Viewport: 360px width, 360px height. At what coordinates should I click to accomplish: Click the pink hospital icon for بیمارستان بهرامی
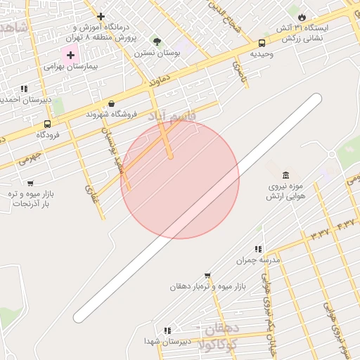click(x=70, y=54)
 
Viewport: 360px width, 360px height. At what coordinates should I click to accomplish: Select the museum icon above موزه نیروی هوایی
click(x=285, y=175)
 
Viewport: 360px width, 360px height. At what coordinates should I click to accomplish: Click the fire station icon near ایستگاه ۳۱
click(x=302, y=17)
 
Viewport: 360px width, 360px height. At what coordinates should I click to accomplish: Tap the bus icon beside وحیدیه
click(x=262, y=43)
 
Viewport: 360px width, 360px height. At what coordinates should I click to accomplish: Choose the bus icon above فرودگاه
click(x=48, y=124)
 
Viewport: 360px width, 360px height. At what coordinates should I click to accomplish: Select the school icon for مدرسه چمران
click(x=258, y=249)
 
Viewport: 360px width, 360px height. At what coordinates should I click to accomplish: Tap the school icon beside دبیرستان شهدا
click(x=167, y=330)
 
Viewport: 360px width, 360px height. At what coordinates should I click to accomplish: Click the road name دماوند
click(x=160, y=83)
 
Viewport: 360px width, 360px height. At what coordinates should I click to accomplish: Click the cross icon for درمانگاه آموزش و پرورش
click(x=101, y=16)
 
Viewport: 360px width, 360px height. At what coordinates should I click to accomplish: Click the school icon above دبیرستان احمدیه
click(x=25, y=89)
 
